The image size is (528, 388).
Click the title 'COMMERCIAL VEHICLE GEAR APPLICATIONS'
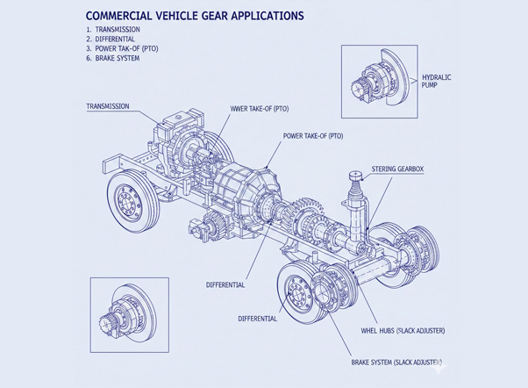[x=195, y=16]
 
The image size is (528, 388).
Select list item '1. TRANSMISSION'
[x=113, y=30]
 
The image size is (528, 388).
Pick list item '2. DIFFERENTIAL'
[x=111, y=40]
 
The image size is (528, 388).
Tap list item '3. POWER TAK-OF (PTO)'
[x=122, y=48]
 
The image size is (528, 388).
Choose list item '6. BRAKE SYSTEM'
[x=112, y=58]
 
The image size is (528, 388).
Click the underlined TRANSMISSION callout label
[x=108, y=106]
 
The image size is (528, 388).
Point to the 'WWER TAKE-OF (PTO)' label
[x=260, y=109]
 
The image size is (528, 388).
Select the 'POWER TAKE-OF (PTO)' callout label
[x=313, y=136]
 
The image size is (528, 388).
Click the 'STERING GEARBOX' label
[x=397, y=169]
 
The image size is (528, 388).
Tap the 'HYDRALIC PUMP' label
[x=437, y=82]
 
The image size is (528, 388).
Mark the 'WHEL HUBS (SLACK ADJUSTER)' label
[x=403, y=331]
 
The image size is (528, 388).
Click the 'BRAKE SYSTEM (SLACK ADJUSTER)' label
[x=396, y=363]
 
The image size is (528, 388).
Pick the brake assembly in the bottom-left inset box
[x=128, y=315]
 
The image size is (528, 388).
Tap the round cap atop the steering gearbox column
[x=355, y=176]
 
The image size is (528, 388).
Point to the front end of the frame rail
[x=111, y=165]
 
